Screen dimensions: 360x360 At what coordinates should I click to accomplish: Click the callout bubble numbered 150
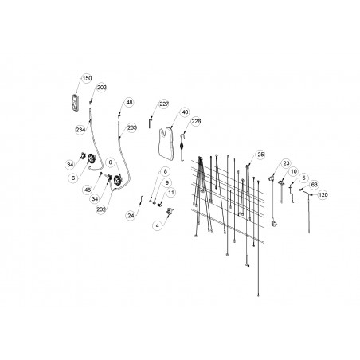point(87,79)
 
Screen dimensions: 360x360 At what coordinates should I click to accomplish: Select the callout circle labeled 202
point(101,88)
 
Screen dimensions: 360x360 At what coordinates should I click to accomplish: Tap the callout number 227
point(164,104)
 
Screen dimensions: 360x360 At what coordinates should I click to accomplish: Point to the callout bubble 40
point(185,112)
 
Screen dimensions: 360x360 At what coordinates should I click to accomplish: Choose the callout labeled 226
point(196,122)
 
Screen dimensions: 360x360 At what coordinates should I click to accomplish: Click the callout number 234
point(80,130)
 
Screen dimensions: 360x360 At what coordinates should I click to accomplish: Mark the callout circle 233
point(132,128)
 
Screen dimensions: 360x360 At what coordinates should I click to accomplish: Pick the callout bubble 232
point(101,209)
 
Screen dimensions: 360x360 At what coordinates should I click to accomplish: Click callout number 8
point(165,172)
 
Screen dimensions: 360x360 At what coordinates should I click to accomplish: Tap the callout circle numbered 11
point(171,193)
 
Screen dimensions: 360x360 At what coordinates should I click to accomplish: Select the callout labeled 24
point(131,216)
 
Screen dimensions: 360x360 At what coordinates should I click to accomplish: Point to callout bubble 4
point(158,226)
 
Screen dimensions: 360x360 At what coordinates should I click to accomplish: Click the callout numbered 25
point(260,155)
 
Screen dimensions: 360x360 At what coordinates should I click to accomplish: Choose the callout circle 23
point(286,163)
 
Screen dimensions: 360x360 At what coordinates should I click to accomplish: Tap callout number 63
point(314,185)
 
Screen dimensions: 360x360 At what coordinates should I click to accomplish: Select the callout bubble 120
point(323,195)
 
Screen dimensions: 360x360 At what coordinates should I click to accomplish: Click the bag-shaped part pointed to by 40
point(166,143)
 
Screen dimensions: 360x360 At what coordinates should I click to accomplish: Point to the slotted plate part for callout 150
point(76,102)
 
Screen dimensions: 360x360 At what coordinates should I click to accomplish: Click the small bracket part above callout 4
point(170,211)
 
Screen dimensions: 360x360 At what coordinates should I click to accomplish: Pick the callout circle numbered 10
point(294,172)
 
